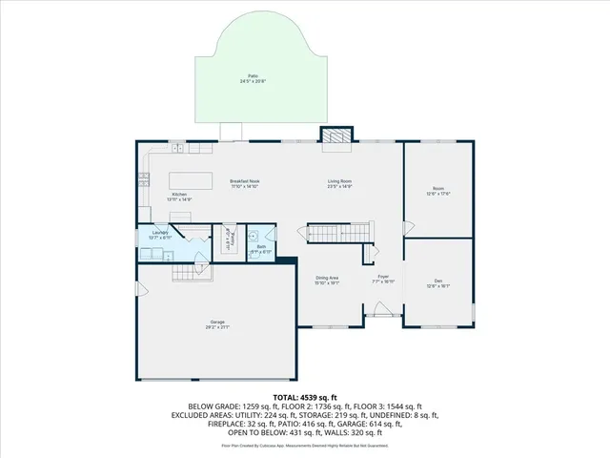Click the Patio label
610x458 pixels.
[x=253, y=78]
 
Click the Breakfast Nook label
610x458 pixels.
[x=245, y=183]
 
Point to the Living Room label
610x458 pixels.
[x=340, y=183]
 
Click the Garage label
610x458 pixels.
[x=217, y=323]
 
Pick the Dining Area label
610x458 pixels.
[x=328, y=281]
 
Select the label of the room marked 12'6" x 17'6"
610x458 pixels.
[x=437, y=191]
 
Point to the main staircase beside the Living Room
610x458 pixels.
[x=337, y=232]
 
